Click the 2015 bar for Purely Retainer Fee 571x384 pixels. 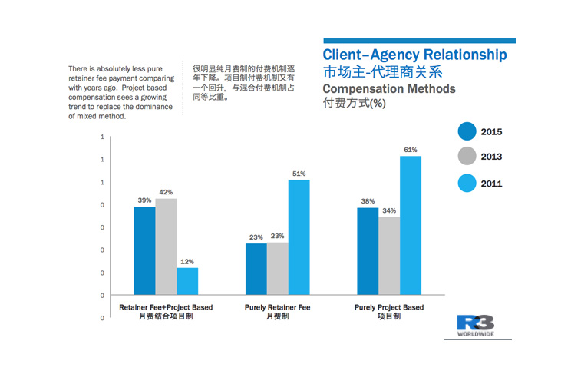(x=256, y=269)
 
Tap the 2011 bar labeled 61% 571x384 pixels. (x=411, y=226)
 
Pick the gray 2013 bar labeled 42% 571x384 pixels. (x=166, y=247)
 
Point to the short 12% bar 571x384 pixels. (x=187, y=281)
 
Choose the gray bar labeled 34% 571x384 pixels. (x=389, y=256)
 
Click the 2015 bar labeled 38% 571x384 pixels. (x=368, y=251)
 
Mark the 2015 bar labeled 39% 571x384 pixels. (x=144, y=250)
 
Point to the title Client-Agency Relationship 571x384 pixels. (x=414, y=55)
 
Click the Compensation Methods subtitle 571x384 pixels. (x=389, y=89)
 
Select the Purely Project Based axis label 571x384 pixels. (x=389, y=307)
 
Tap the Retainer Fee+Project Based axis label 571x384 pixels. (x=166, y=307)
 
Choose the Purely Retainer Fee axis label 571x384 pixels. (x=277, y=307)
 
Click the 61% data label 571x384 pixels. (x=411, y=150)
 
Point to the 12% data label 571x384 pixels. (x=187, y=261)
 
